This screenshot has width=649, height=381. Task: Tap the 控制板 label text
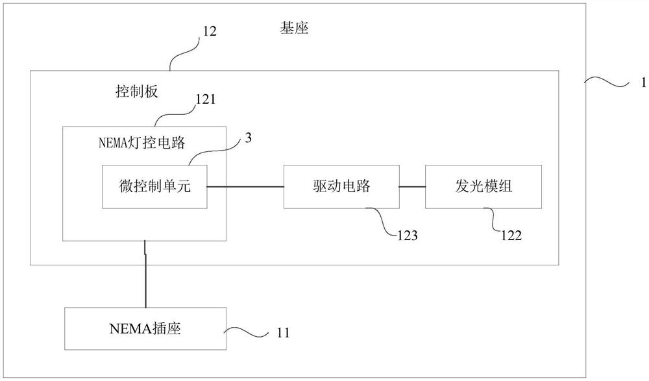coord(133,92)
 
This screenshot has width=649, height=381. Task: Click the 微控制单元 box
coord(154,187)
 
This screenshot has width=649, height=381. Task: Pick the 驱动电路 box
coord(341,187)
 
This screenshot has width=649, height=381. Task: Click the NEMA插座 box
coord(145,328)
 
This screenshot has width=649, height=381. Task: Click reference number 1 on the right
coord(642,84)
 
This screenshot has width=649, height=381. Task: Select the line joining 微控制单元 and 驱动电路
coord(245,187)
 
